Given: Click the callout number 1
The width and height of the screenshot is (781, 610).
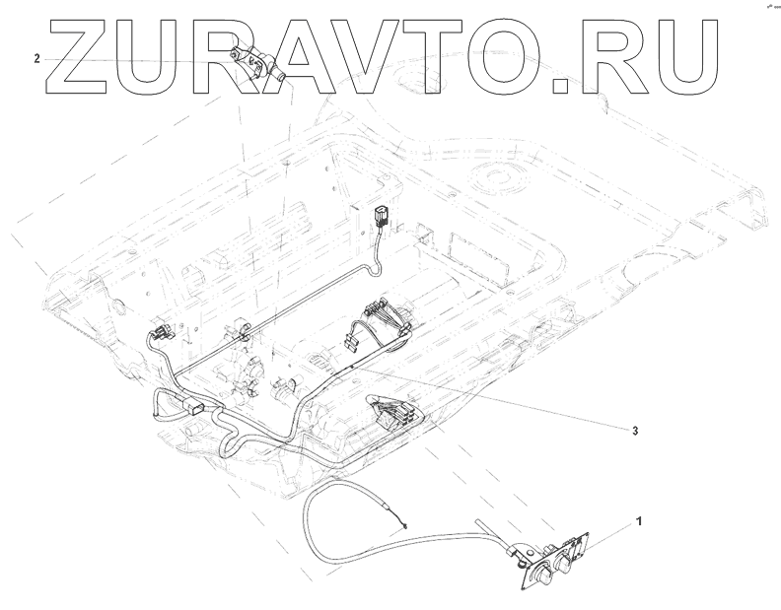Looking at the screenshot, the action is tap(639, 519).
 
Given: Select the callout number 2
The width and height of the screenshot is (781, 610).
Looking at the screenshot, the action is tap(37, 59).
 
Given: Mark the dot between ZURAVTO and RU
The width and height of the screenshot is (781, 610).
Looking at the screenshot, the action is tap(564, 87).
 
